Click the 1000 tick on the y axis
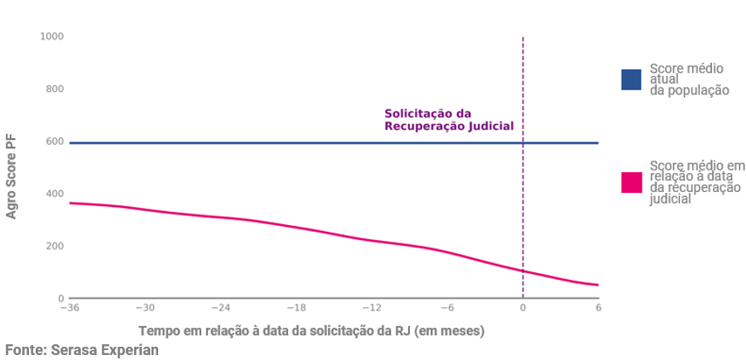point(53,37)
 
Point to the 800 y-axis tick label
point(55,89)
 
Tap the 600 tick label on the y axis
point(55,142)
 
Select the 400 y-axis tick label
point(55,194)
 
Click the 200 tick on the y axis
point(55,246)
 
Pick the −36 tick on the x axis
point(70,308)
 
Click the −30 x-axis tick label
point(145,308)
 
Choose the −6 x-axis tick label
point(447,308)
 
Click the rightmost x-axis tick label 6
point(598,308)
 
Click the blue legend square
point(631,79)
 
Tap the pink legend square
point(631,182)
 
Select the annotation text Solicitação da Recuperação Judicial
point(449,120)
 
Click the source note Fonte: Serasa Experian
point(81,350)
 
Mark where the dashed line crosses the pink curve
point(522,271)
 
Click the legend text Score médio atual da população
point(689,79)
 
